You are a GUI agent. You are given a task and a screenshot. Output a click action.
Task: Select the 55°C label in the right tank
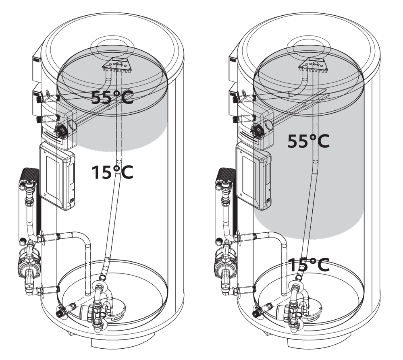click(308, 141)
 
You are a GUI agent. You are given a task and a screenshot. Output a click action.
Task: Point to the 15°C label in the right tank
click(308, 265)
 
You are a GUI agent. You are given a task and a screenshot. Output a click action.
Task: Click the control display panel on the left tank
click(57, 176)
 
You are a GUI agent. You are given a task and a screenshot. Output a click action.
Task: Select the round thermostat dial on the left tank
click(60, 130)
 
